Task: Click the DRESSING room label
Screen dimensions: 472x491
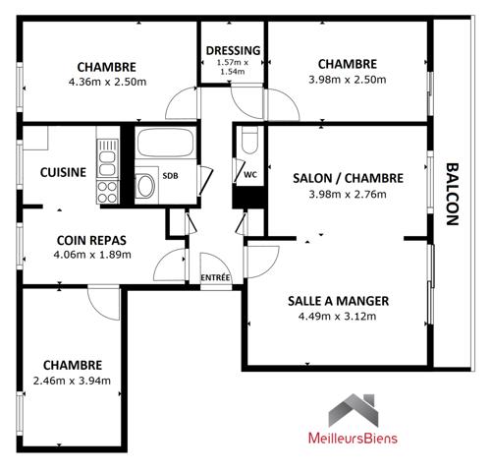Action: [x=233, y=50]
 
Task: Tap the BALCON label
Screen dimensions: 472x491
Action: [x=453, y=194]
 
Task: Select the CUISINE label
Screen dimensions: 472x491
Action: [x=63, y=172]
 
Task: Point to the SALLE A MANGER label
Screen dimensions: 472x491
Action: [x=337, y=301]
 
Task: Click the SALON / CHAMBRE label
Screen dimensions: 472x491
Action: [x=348, y=178]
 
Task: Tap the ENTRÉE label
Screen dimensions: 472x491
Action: [x=215, y=277]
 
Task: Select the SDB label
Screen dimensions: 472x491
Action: [x=171, y=176]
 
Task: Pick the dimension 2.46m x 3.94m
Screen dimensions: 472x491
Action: [x=72, y=381]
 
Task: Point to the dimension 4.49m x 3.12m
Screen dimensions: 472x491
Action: [x=337, y=317]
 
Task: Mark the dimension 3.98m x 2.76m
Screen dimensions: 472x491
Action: [x=348, y=194]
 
